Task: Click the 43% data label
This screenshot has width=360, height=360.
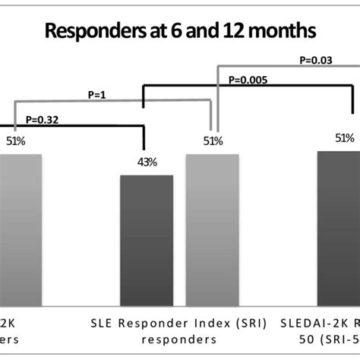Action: click(x=147, y=161)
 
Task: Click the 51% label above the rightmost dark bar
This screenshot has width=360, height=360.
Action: click(x=344, y=137)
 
